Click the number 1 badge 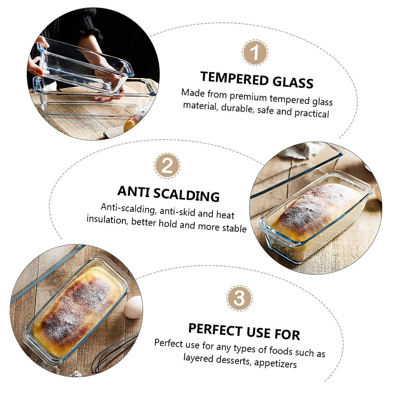[255, 52]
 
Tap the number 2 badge [167, 166]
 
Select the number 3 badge [239, 298]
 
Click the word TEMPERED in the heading [234, 78]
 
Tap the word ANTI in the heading [132, 191]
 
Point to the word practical [311, 113]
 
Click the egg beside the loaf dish [133, 307]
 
